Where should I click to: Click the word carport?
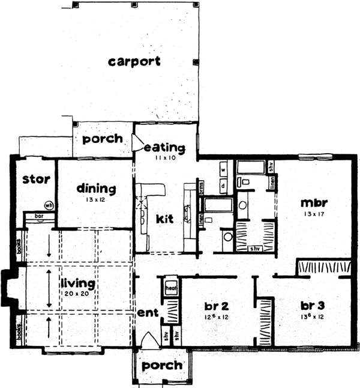[135, 62]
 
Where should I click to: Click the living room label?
[78, 282]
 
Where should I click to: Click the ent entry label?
[146, 314]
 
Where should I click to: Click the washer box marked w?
[223, 170]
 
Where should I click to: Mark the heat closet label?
[170, 286]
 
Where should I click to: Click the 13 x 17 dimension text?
[313, 214]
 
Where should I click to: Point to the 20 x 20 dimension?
[78, 293]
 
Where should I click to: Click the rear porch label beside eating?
[102, 139]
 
